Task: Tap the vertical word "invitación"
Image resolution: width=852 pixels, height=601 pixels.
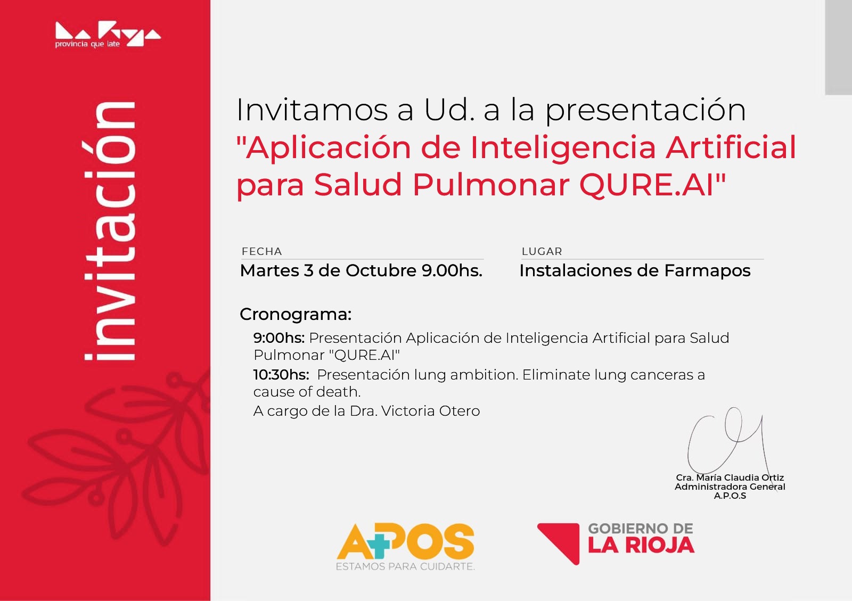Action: [110, 231]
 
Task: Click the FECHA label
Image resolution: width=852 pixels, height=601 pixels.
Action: [261, 251]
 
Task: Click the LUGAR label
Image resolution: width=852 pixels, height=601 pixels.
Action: [542, 251]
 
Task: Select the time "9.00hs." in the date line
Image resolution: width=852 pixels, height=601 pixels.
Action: [452, 270]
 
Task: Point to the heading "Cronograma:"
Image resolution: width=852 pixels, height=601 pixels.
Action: [296, 315]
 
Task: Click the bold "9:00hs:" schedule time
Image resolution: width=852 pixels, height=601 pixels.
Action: [279, 337]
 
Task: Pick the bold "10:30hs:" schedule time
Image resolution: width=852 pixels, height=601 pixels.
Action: [281, 375]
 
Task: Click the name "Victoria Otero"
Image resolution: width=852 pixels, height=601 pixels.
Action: [431, 411]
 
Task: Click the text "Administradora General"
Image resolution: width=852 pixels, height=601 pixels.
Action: [730, 487]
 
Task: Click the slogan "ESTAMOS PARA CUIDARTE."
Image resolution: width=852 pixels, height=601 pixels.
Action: [405, 567]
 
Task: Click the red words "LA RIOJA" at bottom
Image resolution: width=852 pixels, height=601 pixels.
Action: [641, 546]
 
